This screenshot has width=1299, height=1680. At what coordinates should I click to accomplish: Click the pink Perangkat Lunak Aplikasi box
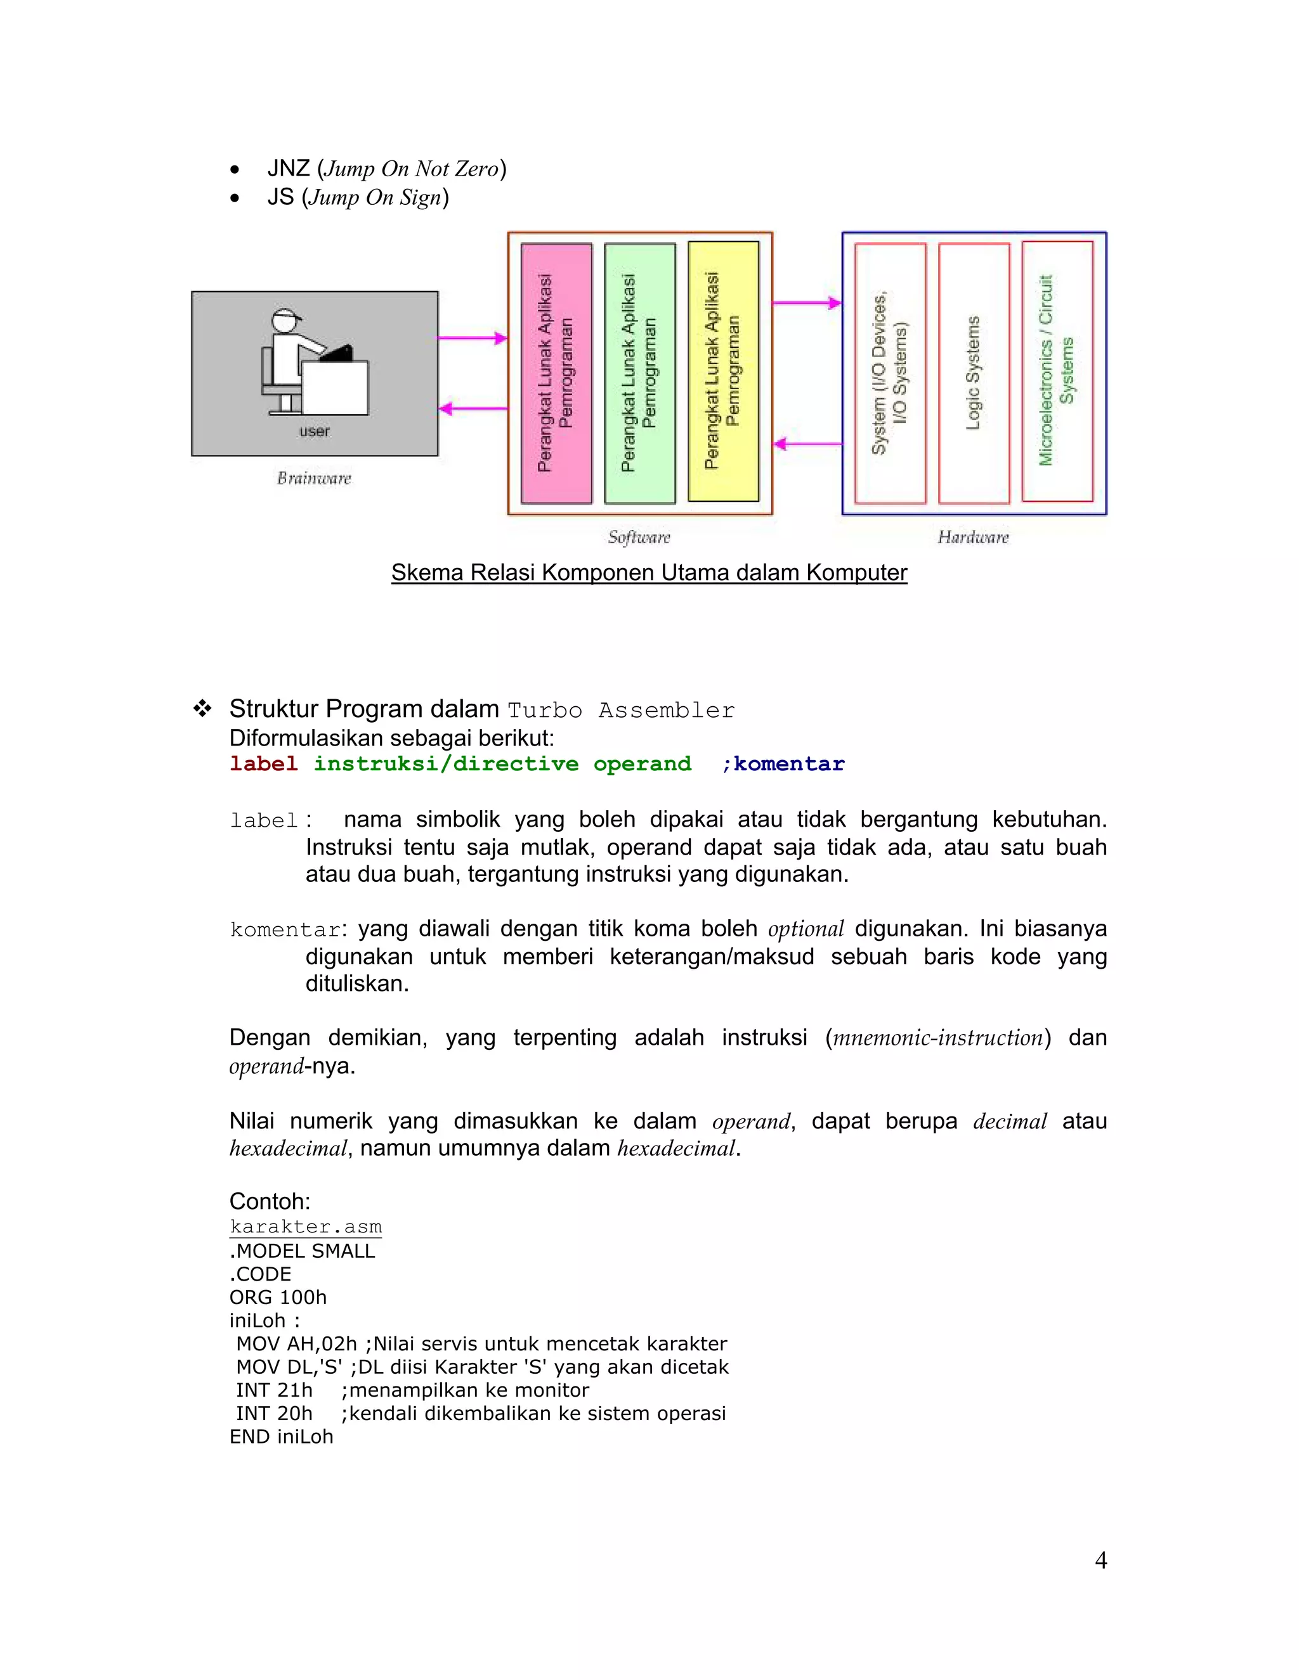coord(556,374)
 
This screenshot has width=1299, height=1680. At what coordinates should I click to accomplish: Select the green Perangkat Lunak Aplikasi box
coord(639,374)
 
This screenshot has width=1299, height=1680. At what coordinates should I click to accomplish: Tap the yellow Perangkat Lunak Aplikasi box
coord(722,372)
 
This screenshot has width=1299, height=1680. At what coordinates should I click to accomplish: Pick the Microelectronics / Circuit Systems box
coord(1057,372)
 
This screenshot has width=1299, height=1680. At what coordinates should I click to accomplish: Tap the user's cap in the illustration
coord(285,316)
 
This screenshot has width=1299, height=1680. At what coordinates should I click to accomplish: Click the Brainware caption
coord(314,479)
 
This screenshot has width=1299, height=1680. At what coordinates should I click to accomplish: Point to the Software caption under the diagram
coord(639,537)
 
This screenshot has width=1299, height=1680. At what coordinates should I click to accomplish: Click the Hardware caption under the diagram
coord(973,537)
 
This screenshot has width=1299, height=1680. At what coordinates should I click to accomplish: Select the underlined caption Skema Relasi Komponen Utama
coord(649,572)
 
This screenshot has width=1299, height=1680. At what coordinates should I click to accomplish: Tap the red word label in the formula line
coord(263,764)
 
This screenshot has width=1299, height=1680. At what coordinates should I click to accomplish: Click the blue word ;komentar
coord(783,764)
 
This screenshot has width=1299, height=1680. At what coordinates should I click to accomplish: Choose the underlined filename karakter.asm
coord(306,1226)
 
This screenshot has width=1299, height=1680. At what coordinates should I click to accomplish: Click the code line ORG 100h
coord(278,1298)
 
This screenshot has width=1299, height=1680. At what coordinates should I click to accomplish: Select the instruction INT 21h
coord(274,1390)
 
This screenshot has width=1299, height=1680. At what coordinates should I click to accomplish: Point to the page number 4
coord(1100,1560)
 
